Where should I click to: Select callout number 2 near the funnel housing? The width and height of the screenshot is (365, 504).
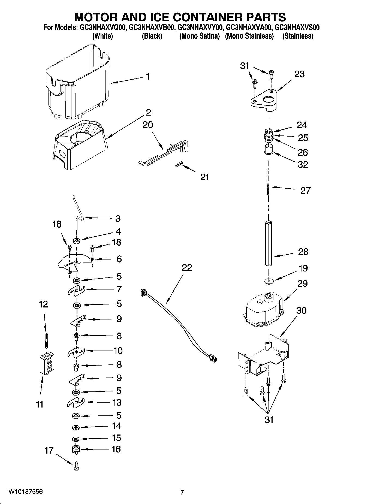pyautogui.click(x=148, y=112)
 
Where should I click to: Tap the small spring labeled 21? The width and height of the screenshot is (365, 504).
pyautogui.click(x=178, y=164)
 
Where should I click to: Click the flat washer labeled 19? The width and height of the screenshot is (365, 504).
pyautogui.click(x=269, y=281)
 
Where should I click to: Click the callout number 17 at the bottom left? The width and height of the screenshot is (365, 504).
pyautogui.click(x=49, y=450)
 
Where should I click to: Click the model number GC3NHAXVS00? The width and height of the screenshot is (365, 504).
pyautogui.click(x=297, y=28)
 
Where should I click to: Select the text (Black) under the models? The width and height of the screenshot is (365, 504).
pyautogui.click(x=152, y=36)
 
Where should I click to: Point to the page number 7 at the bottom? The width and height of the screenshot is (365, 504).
pyautogui.click(x=182, y=492)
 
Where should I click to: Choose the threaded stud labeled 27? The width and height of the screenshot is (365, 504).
pyautogui.click(x=268, y=188)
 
